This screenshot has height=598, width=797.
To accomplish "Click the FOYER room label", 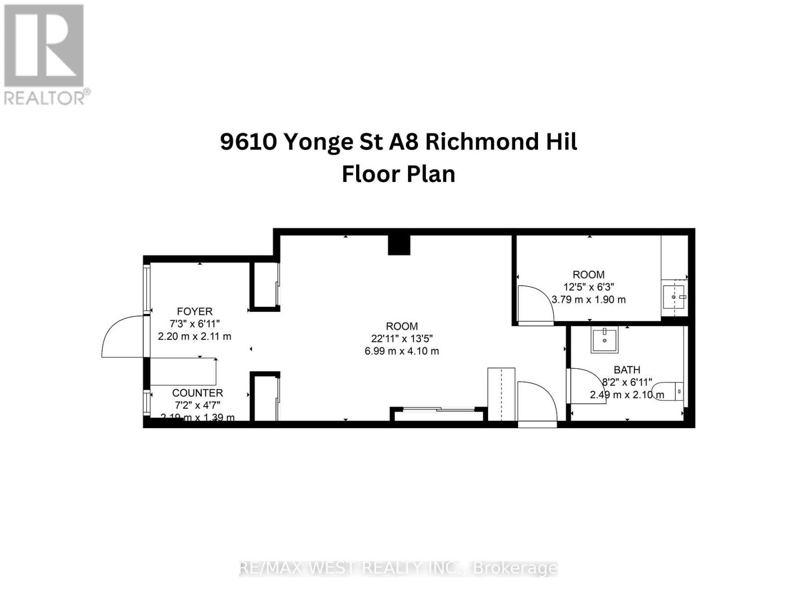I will [194, 311].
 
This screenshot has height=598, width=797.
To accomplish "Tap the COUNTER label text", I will [197, 393].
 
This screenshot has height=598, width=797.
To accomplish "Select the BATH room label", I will [627, 370].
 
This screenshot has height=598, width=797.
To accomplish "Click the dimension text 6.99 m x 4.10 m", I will [401, 351].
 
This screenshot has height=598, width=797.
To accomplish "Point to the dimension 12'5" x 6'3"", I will [588, 287].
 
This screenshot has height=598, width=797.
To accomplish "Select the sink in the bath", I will [604, 340].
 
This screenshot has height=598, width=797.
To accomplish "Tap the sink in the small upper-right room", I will [674, 297].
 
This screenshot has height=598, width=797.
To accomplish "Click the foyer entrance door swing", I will [122, 336].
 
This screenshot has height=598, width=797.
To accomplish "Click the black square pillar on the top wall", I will [399, 244].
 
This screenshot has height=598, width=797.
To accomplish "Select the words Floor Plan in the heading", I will [398, 174].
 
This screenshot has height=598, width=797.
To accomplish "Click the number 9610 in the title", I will [249, 142].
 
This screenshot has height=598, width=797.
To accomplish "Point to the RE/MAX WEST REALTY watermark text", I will [398, 568].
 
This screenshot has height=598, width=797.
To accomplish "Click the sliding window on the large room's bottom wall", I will [438, 410].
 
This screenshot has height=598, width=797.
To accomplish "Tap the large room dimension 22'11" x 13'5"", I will [401, 338].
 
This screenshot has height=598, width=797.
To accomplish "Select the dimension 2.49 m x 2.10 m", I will [627, 395].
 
